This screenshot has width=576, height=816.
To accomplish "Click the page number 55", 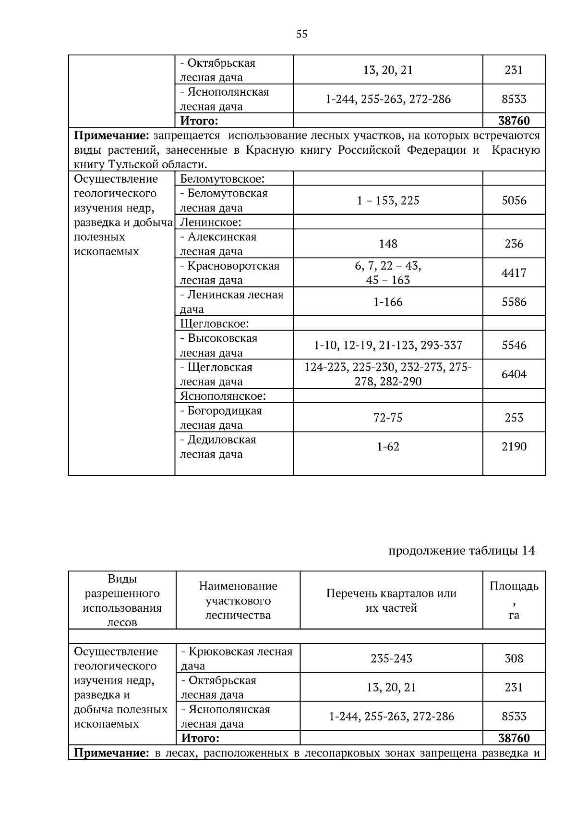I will (x=302, y=34).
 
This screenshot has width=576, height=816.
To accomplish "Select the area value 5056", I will (x=514, y=200).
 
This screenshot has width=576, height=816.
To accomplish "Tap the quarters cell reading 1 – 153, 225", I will (x=388, y=200).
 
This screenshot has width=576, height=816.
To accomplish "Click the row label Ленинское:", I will (x=210, y=222).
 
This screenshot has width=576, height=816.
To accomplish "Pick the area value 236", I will (x=514, y=244).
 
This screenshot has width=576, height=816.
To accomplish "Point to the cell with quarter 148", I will (x=388, y=244).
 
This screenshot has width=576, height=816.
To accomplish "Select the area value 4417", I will (x=514, y=273).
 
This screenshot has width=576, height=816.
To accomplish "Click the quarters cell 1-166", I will (x=388, y=302).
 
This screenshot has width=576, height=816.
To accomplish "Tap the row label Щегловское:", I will (x=214, y=323).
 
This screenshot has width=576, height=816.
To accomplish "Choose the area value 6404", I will (x=514, y=374).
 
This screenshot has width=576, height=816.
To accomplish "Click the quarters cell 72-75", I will (x=388, y=418).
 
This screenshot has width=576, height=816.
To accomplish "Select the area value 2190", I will (x=514, y=446).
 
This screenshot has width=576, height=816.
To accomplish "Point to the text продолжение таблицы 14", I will (x=461, y=551).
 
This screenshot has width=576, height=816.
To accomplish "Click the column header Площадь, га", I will (x=514, y=600).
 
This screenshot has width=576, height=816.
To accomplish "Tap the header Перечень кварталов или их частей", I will (x=391, y=600).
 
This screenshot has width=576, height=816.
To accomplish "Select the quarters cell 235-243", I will (x=391, y=658).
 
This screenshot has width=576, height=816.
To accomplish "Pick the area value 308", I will (x=514, y=658).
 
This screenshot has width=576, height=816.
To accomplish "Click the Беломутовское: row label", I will (x=222, y=179).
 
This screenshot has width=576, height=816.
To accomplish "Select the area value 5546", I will (x=514, y=345).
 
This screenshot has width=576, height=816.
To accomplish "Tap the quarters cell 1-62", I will (x=388, y=446).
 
